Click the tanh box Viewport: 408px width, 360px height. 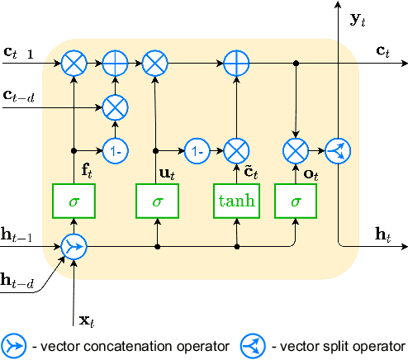coord(237,201)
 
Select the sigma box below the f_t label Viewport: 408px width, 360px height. coord(74,201)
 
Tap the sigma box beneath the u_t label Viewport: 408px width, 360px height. coord(157,201)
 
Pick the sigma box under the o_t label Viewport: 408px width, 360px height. coord(295,201)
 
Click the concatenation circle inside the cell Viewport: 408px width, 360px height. coord(74,246)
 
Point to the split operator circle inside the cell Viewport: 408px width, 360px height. coord(337,151)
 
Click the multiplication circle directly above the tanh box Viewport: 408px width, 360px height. coord(237,151)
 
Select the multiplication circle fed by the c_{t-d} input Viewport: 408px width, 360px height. coord(114,105)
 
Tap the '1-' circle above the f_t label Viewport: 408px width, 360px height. coord(114,151)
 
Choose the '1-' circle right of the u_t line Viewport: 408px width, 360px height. coord(196,151)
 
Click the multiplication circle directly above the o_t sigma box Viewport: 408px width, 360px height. coord(295,151)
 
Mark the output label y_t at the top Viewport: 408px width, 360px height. coord(358,18)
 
